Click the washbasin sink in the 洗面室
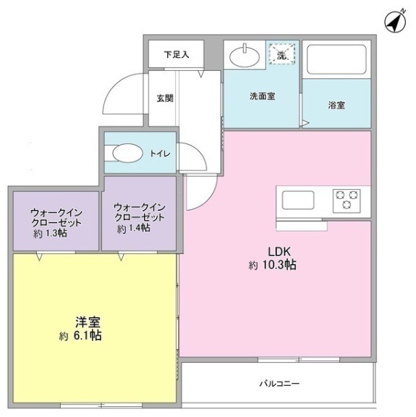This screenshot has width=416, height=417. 244,54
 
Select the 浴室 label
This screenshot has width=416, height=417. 336,105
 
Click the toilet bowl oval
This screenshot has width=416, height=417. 129,153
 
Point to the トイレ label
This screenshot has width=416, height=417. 161,153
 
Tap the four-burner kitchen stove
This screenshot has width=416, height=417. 346,199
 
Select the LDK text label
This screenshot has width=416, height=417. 279,251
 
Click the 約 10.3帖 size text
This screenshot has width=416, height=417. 273,265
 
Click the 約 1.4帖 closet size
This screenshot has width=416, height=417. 134,228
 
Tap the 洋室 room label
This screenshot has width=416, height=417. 85,321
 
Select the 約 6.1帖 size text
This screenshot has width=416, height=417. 80,336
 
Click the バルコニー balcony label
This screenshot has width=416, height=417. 279,383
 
